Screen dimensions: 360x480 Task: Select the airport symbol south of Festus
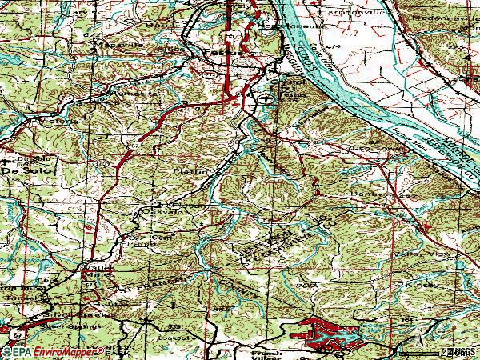[264, 98]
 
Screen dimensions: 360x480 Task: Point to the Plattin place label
[184, 170]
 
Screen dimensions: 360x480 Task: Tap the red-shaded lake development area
[320, 332]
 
